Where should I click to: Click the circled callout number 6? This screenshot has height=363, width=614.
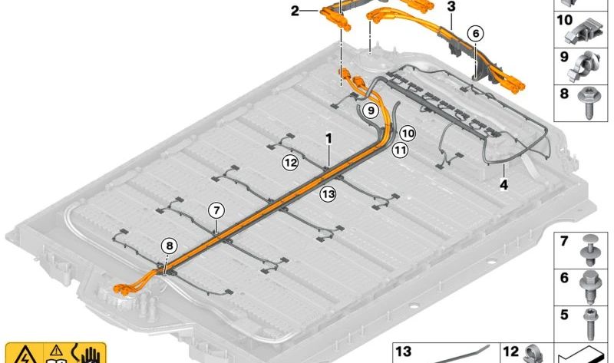476,34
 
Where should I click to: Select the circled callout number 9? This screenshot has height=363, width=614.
371,111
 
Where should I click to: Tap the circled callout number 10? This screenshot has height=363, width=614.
408,134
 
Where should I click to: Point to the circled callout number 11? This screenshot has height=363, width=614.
400,150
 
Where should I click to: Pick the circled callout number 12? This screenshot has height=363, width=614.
291,162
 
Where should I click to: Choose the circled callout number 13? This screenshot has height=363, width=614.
328,194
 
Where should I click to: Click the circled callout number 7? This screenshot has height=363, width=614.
216,211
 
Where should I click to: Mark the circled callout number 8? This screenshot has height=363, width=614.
169,246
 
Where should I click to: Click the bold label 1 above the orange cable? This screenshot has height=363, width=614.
329,138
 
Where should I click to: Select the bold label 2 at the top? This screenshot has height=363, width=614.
295,11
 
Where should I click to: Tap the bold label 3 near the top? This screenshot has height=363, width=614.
451,7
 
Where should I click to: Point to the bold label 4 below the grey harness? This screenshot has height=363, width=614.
503,184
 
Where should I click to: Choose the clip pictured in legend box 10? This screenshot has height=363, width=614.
583,30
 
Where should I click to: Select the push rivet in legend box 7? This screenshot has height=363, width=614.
589,250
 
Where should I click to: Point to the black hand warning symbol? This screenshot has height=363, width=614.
91,354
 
